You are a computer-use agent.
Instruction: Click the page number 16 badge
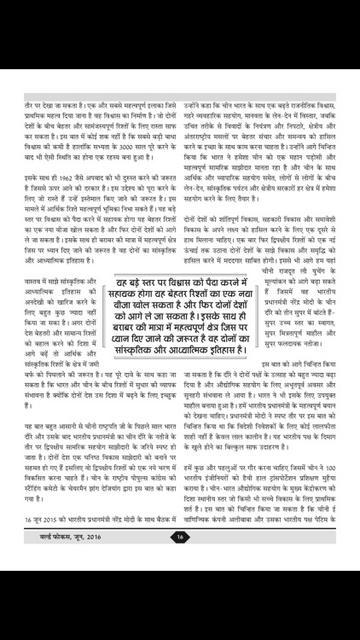click(180, 607)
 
